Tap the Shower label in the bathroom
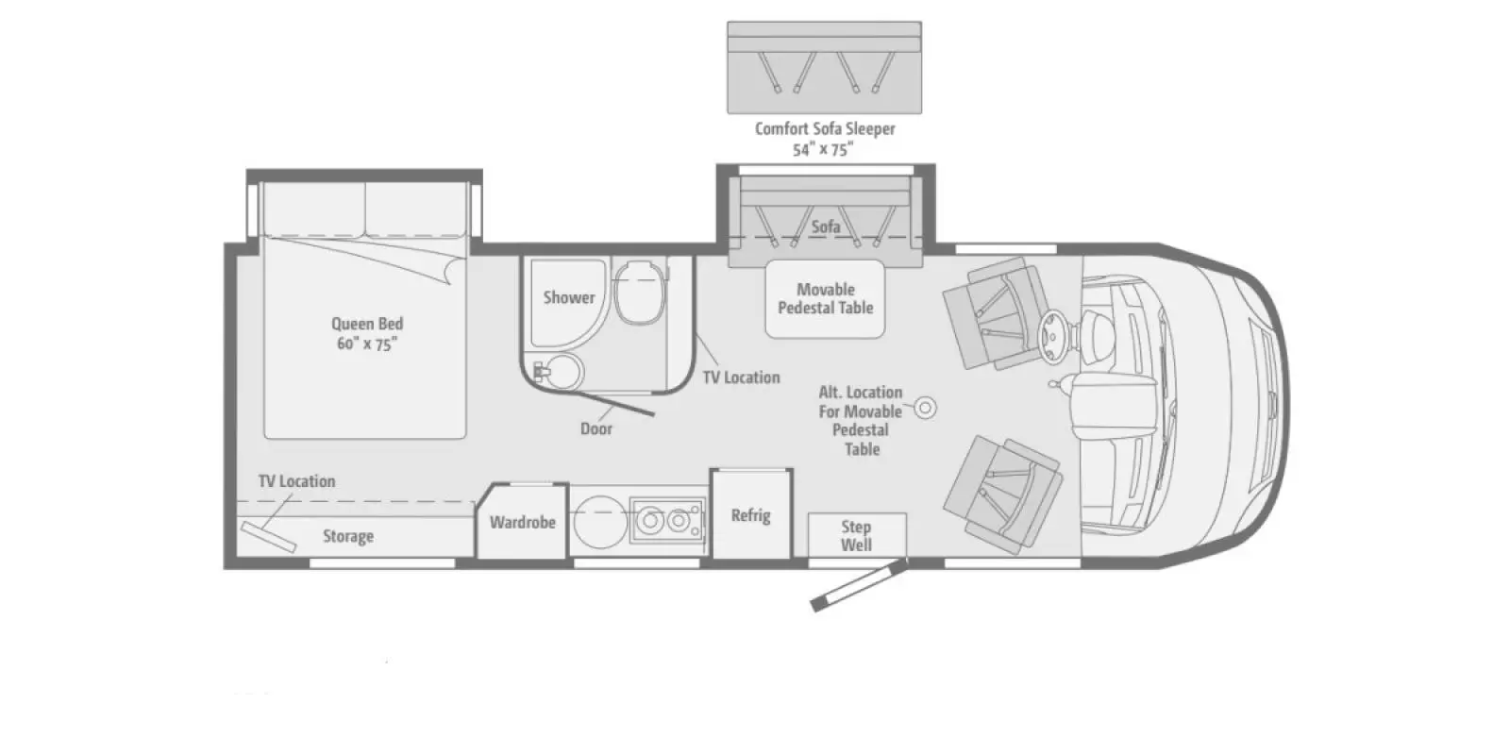coord(569,297)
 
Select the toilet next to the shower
coord(640,292)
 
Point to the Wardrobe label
coord(523,522)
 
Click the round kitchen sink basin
coord(600,521)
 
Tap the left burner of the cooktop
coord(650,520)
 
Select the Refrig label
coord(750,515)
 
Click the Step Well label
coord(856,536)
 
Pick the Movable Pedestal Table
coord(825,298)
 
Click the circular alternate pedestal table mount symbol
coord(926,407)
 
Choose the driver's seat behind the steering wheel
coord(998,313)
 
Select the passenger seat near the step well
coord(1003,495)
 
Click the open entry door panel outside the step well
coord(860,584)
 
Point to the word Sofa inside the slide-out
coord(826,226)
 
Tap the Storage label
coord(348,537)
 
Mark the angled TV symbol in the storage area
coord(269,537)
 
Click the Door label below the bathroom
coord(596,428)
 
